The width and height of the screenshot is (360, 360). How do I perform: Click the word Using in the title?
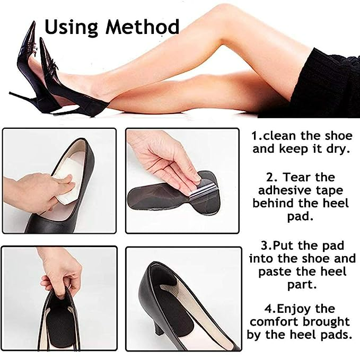pyautogui.click(x=72, y=28)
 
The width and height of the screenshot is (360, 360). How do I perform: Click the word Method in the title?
pyautogui.click(x=142, y=27)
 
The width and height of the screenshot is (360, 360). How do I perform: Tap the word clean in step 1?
pyautogui.click(x=279, y=136)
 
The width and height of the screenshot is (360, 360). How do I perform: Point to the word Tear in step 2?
pyautogui.click(x=297, y=177)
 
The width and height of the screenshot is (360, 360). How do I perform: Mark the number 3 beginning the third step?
pyautogui.click(x=264, y=246)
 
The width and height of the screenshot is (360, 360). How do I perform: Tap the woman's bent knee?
pyautogui.click(x=221, y=28)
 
